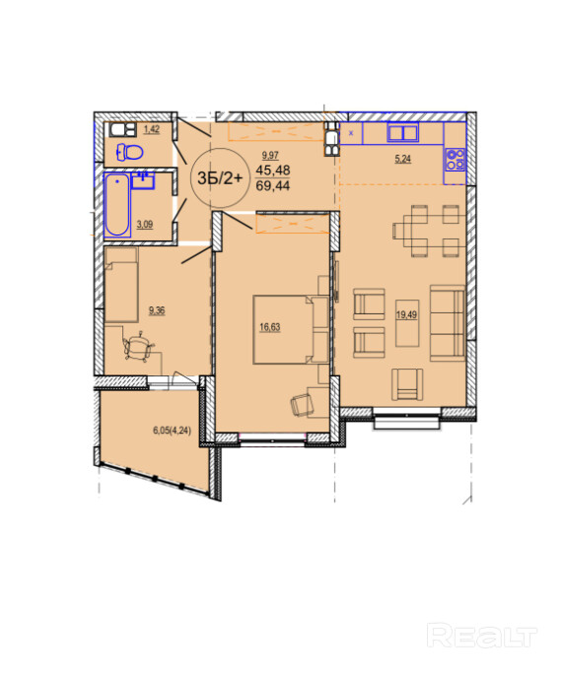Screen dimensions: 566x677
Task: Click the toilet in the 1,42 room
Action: tap(129, 152)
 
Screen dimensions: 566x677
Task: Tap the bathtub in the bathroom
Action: tap(117, 205)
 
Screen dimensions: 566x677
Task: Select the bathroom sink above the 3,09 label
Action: tap(142, 180)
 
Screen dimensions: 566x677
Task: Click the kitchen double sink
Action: tap(402, 132)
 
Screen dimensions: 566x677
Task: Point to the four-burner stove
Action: tap(455, 160)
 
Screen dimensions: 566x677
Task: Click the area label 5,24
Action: tap(402, 159)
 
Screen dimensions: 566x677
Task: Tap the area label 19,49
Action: tap(406, 314)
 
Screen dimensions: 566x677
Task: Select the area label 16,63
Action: tap(269, 327)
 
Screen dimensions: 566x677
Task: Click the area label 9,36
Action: tap(157, 310)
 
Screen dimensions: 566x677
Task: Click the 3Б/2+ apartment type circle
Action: tap(220, 177)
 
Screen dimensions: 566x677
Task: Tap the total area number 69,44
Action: tap(272, 185)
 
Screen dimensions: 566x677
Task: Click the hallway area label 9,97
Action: tap(270, 155)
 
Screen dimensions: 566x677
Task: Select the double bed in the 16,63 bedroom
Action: tap(290, 329)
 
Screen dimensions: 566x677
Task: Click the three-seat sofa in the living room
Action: tap(448, 322)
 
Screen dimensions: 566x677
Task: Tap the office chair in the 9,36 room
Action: tap(139, 346)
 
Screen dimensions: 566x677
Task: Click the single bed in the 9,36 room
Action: tap(121, 285)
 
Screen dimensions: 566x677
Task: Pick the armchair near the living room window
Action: tap(407, 384)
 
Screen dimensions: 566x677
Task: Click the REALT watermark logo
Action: tap(482, 636)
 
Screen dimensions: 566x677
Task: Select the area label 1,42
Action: tap(151, 129)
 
